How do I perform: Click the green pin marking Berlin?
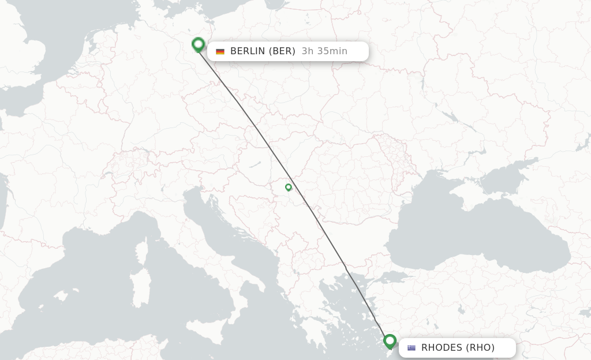coord(198,44)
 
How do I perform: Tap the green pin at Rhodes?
coord(390,341)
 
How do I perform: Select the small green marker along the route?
coord(289,187)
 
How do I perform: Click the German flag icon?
coord(220,51)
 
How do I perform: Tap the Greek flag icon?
coord(412,348)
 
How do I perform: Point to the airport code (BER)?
coord(282,51)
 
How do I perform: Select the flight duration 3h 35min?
coord(324,51)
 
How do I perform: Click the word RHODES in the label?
coord(442,348)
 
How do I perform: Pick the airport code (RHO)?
coord(481,348)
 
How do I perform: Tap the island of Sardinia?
coord(140,288)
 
